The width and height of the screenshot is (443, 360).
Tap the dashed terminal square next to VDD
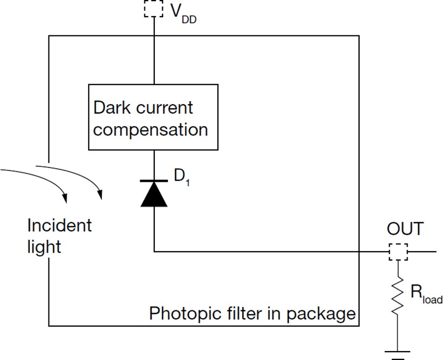tap(154, 8)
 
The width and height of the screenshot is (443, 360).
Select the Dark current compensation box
tap(154, 117)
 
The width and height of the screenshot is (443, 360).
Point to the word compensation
tap(151, 129)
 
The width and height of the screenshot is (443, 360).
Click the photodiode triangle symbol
tap(154, 194)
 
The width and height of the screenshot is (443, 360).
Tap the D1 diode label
tap(181, 177)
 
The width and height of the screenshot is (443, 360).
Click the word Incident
tap(59, 226)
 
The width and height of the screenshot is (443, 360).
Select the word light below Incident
tap(44, 246)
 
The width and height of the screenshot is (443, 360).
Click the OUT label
tap(405, 229)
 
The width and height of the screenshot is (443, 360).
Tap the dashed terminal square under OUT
tap(398, 252)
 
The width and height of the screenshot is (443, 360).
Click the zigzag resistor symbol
tap(398, 295)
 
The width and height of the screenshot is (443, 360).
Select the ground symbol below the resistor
tap(398, 353)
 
